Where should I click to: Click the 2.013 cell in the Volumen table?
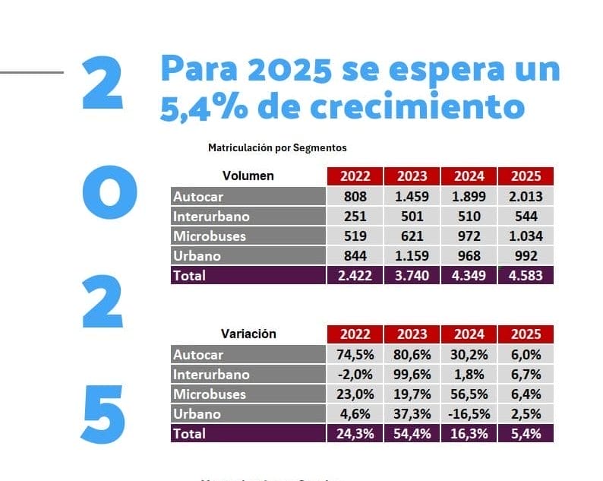click(526, 197)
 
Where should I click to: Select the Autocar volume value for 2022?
click(355, 197)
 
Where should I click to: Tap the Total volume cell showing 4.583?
click(526, 275)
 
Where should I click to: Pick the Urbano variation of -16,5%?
click(469, 414)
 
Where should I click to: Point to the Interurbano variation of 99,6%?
click(412, 375)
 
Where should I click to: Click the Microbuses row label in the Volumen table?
click(210, 236)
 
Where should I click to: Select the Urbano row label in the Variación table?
click(197, 414)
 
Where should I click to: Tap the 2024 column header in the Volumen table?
click(469, 176)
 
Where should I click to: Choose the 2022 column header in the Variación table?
click(355, 334)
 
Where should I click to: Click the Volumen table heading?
click(248, 176)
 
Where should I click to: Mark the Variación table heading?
click(248, 334)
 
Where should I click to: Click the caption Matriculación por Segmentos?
click(277, 148)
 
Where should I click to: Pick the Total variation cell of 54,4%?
click(412, 434)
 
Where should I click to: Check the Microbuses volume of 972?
click(469, 236)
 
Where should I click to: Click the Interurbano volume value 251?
click(355, 217)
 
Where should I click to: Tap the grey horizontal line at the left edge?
click(32, 73)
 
